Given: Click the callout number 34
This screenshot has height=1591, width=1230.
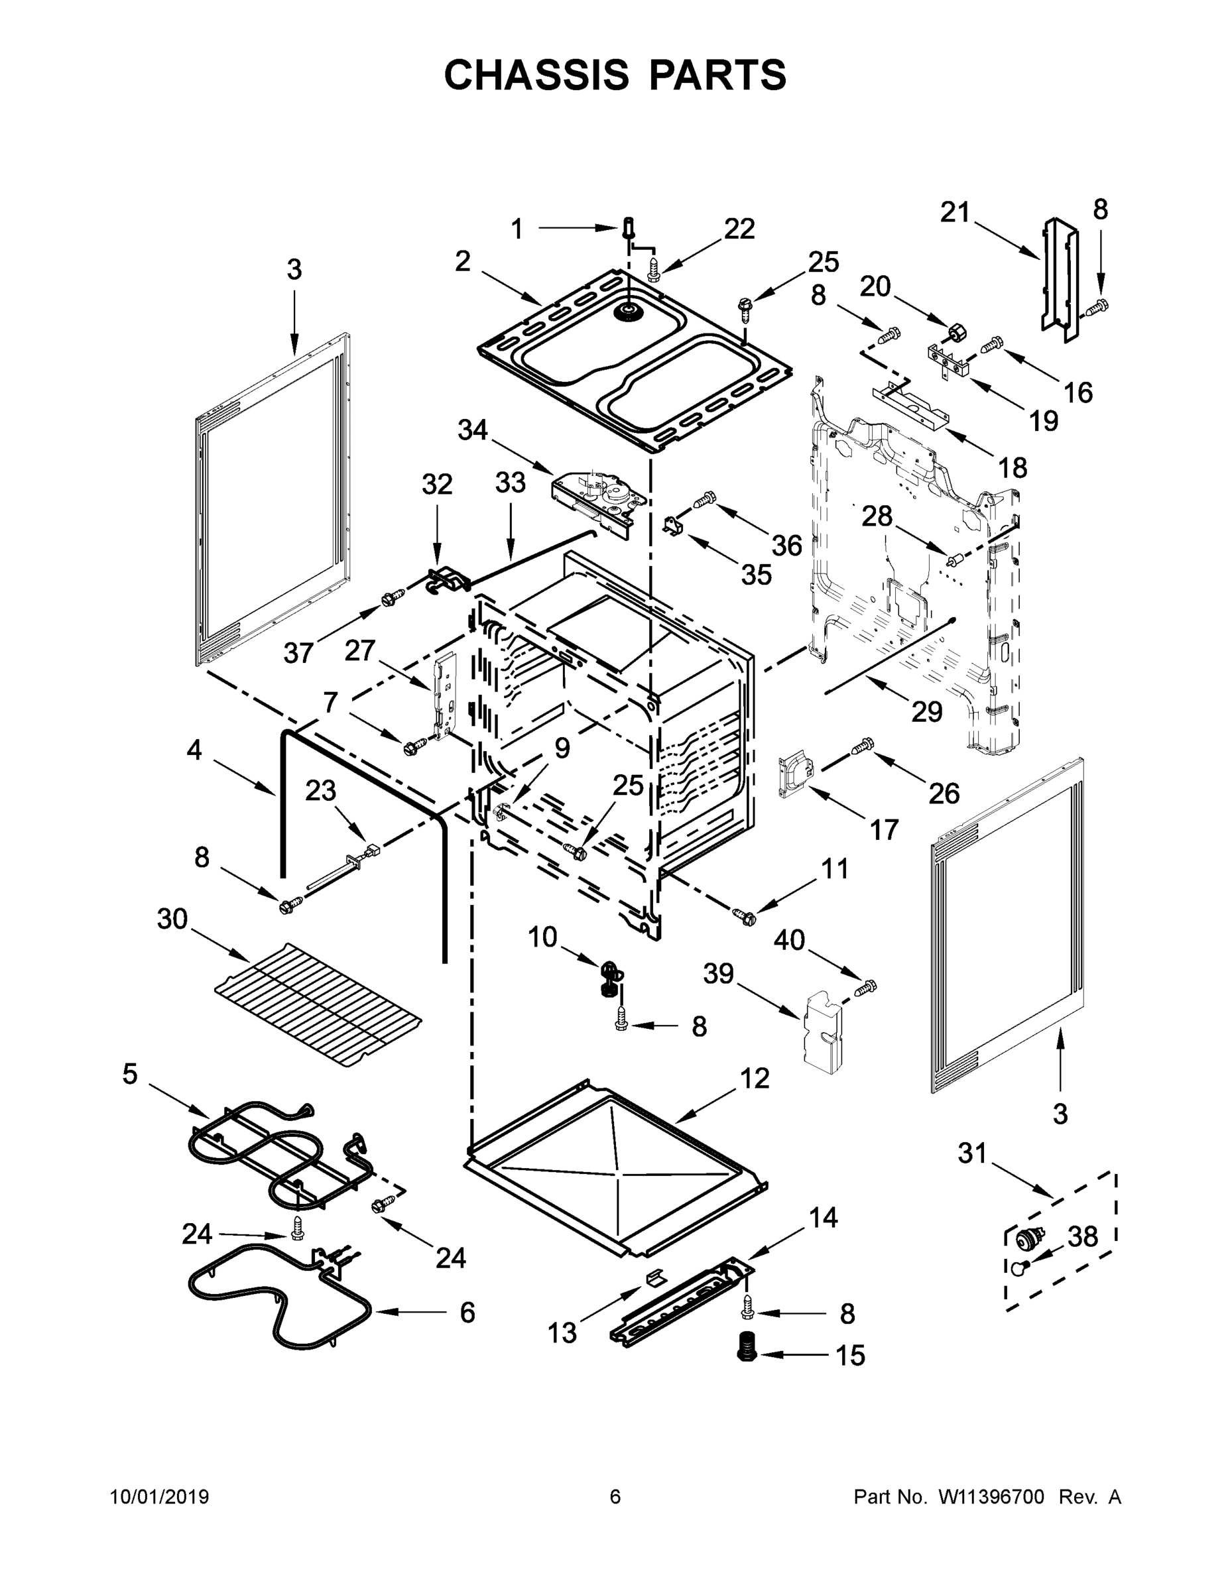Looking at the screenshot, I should click(472, 430).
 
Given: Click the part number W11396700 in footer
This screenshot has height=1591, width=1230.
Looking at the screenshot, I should click(992, 1496).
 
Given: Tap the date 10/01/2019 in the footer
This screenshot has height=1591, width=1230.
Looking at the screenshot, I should click(160, 1496).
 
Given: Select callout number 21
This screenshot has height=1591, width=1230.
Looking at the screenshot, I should click(955, 213).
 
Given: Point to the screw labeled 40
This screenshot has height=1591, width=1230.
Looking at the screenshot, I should click(867, 988).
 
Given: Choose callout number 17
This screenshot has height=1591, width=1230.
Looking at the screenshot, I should click(884, 829).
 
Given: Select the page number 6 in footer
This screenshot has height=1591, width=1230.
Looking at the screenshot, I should click(615, 1496).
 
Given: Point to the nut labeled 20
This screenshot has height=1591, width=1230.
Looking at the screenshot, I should click(956, 333).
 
